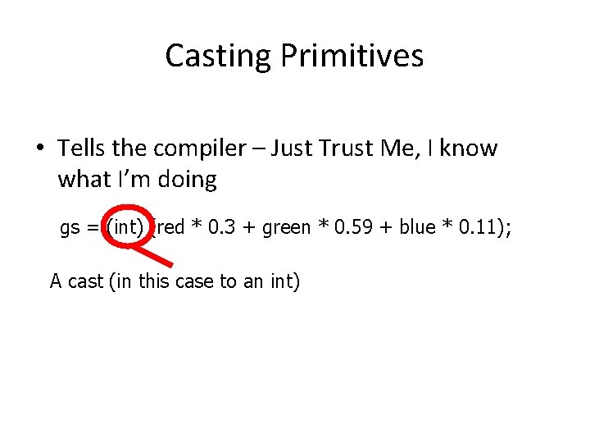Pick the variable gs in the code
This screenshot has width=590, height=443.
pos(70,228)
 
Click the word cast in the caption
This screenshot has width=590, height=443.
pos(85,281)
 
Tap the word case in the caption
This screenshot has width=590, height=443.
pos(197,281)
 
